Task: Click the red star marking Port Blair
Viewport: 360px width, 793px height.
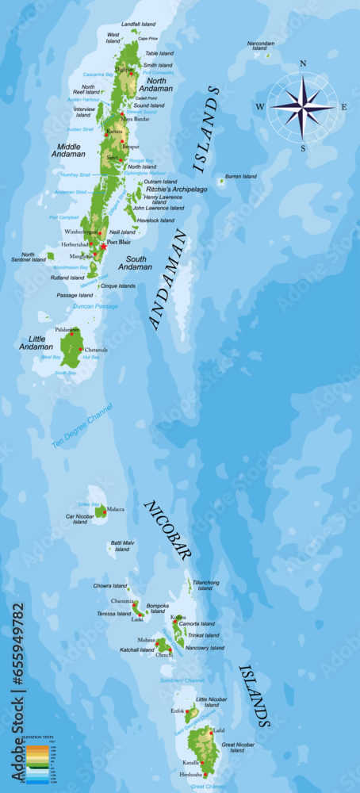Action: (x=103, y=247)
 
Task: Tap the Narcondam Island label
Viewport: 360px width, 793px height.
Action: (x=261, y=46)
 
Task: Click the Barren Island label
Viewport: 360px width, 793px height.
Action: (x=241, y=176)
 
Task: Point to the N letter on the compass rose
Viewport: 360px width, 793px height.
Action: (x=303, y=63)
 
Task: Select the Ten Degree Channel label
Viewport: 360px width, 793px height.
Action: (x=82, y=426)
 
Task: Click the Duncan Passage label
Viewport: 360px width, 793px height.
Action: (x=95, y=306)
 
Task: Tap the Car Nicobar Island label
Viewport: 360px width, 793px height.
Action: (x=80, y=519)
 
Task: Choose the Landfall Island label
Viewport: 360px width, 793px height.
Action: (x=138, y=25)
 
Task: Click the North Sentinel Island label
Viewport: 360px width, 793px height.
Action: (x=28, y=257)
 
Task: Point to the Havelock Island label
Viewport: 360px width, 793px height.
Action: (x=155, y=220)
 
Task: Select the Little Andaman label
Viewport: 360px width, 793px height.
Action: (x=35, y=343)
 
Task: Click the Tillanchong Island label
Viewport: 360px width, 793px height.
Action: (x=205, y=585)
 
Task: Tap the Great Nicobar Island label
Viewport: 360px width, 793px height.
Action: (x=237, y=747)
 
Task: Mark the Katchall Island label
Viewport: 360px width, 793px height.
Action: (x=136, y=649)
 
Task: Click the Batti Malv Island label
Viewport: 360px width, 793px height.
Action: (x=122, y=546)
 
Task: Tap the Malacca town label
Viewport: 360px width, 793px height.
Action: (x=116, y=509)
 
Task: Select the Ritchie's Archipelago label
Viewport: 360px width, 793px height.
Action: (x=175, y=190)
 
